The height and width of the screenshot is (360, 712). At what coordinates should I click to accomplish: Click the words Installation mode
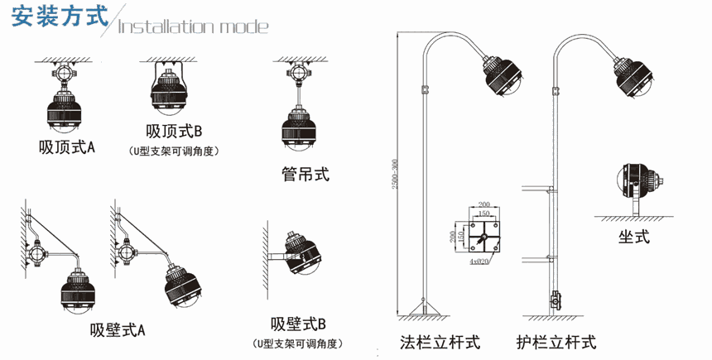[x=194, y=26]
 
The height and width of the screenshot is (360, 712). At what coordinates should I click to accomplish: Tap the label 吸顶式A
[x=67, y=148]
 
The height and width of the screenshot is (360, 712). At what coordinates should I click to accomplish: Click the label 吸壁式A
[x=118, y=330]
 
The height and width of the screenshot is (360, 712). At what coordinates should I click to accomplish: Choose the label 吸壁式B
[x=299, y=324]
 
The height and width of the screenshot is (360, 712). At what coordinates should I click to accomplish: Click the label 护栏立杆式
[x=556, y=342]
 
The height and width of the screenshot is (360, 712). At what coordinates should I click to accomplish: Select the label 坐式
[x=633, y=238]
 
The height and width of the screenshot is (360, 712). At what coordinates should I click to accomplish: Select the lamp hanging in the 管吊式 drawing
[x=298, y=130]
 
